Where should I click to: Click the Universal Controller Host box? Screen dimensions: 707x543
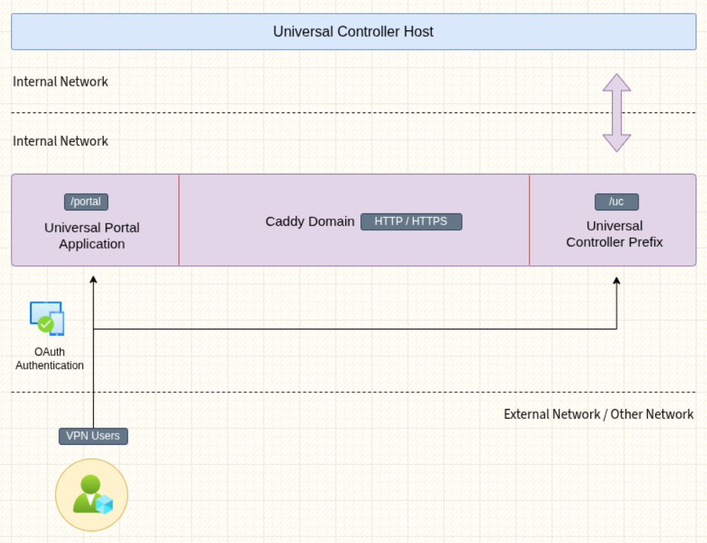point(353,32)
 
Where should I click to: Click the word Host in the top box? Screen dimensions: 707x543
point(419,32)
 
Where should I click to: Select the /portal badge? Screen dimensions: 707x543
point(86,202)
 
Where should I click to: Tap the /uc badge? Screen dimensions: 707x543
point(616,202)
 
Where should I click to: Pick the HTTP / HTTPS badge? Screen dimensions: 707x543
point(412,222)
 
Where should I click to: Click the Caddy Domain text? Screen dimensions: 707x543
point(310,221)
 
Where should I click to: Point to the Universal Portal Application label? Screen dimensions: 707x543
point(92,235)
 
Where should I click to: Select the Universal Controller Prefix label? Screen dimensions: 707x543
point(614,234)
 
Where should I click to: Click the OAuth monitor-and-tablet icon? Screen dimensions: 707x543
point(47,319)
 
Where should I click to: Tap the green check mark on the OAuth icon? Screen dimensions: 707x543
point(45,325)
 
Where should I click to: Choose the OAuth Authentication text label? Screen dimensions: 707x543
point(50,358)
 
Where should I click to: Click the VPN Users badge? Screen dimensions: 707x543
point(94,436)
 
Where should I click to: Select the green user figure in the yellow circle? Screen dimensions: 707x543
point(89,493)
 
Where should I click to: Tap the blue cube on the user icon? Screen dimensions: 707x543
point(105,505)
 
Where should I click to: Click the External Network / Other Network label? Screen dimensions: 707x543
point(598,414)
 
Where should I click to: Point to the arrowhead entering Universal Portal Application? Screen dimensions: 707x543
point(94,280)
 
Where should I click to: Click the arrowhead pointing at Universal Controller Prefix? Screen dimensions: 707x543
point(616,281)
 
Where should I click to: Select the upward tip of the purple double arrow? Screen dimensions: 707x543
point(617,74)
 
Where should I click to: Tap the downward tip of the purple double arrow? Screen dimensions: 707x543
point(617,151)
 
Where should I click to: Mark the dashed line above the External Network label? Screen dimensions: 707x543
point(353,392)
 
